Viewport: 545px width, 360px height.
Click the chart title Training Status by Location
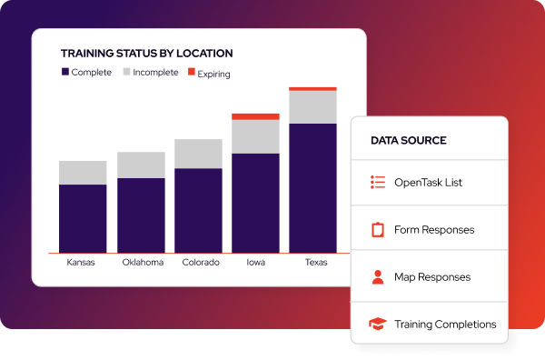146,54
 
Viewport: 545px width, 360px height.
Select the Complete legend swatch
64,73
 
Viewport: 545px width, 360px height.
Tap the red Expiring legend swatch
191,73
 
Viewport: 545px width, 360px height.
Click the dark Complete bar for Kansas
83,218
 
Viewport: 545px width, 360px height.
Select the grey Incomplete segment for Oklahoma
141,165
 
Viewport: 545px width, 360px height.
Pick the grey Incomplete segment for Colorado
198,154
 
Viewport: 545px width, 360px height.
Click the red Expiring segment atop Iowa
255,116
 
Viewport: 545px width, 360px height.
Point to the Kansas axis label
83,263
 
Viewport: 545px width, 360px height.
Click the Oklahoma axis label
143,263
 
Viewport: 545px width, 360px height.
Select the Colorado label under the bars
201,263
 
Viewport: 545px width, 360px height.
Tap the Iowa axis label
256,263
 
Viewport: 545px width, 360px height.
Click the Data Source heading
408,141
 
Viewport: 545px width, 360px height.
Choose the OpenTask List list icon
378,183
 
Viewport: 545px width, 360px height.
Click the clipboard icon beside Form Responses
378,230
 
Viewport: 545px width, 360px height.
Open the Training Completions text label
445,325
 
